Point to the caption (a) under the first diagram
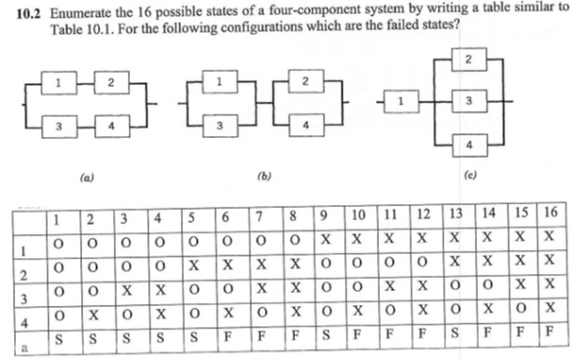(86, 174)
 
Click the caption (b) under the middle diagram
(262, 174)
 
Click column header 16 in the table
(550, 214)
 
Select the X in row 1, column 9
(323, 239)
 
